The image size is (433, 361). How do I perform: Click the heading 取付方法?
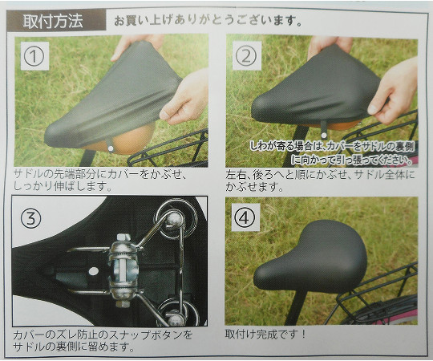click(53, 21)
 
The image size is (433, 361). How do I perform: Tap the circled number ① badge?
click(34, 56)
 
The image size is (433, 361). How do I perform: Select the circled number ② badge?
click(246, 56)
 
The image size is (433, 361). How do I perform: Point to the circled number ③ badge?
click(30, 218)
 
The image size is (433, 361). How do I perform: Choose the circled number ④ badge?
click(245, 217)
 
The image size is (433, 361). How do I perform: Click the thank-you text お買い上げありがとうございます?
click(208, 21)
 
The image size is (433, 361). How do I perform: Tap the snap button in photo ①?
click(111, 148)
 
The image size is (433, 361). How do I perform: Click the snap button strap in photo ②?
click(323, 129)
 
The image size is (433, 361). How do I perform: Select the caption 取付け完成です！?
click(265, 335)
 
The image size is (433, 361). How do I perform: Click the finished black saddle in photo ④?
click(310, 258)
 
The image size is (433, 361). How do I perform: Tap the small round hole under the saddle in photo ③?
click(94, 271)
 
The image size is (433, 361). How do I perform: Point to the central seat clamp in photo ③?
click(123, 270)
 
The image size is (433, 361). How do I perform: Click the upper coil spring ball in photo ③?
click(174, 218)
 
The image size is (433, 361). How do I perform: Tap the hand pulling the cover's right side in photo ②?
click(394, 91)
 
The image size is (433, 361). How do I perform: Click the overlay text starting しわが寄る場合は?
click(332, 152)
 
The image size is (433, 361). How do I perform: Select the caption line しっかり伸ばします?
click(63, 186)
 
